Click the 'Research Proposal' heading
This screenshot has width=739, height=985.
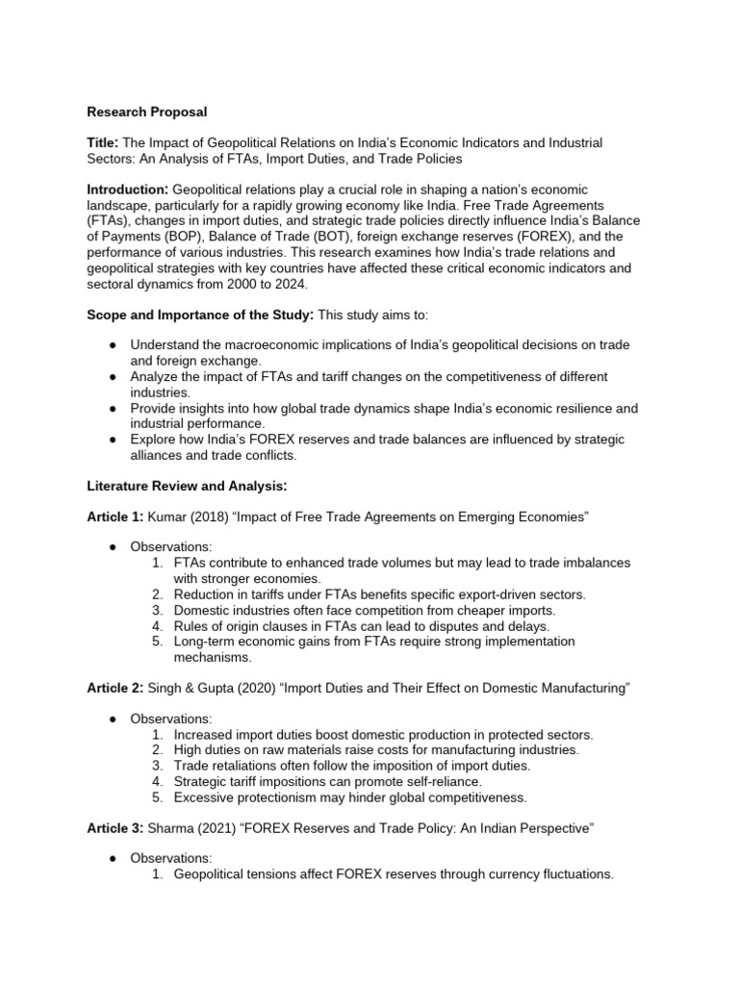click(146, 113)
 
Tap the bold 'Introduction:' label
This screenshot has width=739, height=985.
click(127, 189)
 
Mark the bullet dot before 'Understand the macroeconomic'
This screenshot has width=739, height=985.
click(113, 344)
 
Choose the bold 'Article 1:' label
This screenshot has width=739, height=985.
click(115, 517)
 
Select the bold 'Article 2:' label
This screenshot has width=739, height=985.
click(115, 689)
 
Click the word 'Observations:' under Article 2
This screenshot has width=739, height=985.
click(170, 719)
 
